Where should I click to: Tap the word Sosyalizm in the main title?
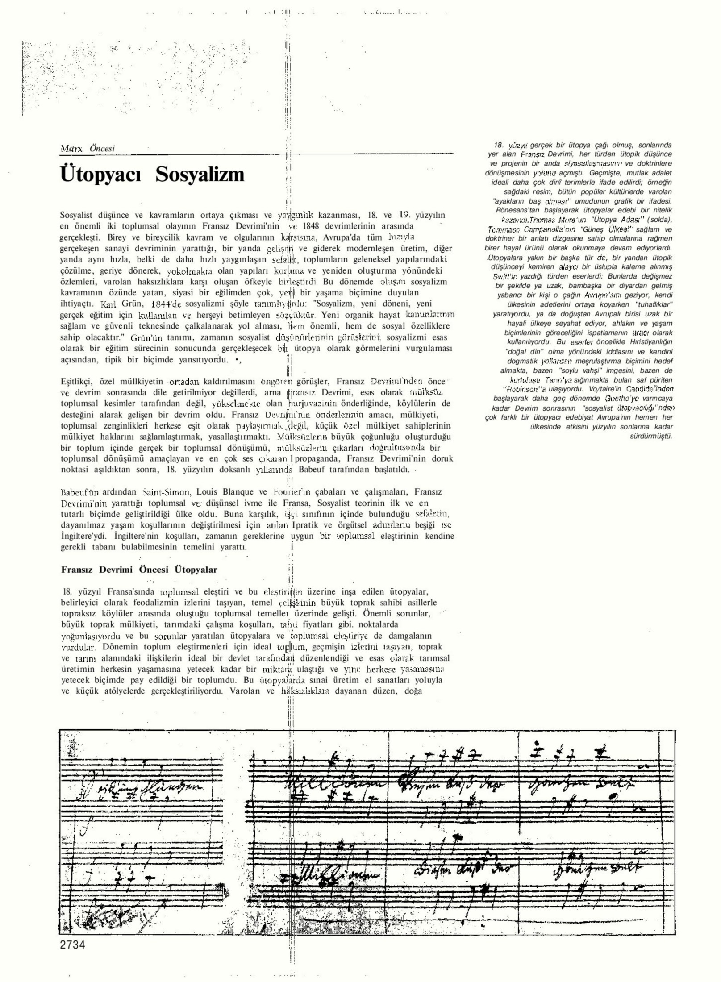tap(200, 175)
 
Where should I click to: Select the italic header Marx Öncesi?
tap(88, 148)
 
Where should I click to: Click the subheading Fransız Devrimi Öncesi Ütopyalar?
tap(139, 570)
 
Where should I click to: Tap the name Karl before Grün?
tap(108, 305)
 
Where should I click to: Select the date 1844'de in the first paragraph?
tap(165, 304)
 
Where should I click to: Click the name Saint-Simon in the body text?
tap(167, 492)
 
